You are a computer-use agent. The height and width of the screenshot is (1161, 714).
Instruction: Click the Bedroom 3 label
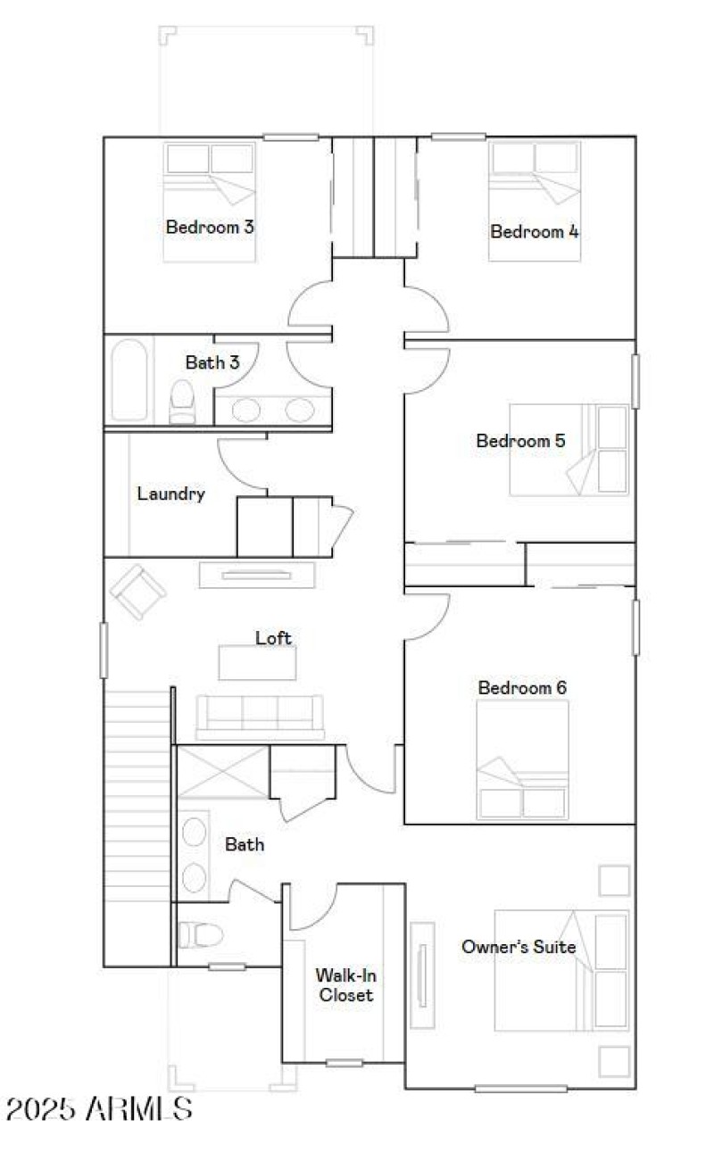coord(210,227)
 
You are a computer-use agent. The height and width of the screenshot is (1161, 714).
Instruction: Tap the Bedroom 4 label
coord(535,232)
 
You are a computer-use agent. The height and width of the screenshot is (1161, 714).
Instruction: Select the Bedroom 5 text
coord(520,441)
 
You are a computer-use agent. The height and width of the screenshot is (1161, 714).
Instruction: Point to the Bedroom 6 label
coord(522,688)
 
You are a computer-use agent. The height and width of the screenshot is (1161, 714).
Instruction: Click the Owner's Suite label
coord(518,947)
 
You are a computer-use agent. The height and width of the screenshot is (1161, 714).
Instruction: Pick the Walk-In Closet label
coord(346,985)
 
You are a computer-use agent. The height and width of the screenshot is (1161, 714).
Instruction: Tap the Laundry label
coord(171,493)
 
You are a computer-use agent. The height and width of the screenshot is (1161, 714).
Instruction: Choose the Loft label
coord(273,638)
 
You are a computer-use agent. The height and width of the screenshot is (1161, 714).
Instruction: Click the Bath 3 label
coord(212,362)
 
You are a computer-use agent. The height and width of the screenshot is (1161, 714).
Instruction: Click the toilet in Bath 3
coord(183,402)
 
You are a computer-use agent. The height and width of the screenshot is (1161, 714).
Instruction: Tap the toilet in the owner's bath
coord(196,934)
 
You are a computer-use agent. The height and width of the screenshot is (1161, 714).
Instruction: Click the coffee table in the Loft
coord(257,662)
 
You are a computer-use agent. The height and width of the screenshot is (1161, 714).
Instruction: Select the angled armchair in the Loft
coord(138,591)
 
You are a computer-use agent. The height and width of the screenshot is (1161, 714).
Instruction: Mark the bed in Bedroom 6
coord(523,759)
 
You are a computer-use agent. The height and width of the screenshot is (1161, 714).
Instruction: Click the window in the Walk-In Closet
coord(344,1062)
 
